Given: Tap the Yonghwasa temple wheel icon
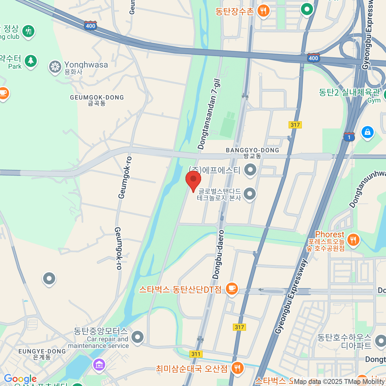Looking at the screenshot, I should [x=55, y=67].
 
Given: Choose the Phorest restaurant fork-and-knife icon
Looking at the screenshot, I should [x=353, y=240].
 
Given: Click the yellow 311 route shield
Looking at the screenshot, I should [x=196, y=354].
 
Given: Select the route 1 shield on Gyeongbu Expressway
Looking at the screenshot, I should [x=349, y=137].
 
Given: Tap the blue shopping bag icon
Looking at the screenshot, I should [x=367, y=132].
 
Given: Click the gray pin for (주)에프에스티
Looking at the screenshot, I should [x=250, y=170].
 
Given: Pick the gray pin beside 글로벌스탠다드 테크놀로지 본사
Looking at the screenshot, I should [x=250, y=194].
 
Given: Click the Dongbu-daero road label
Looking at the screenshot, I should [x=218, y=254].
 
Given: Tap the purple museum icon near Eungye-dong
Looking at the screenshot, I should [x=99, y=365].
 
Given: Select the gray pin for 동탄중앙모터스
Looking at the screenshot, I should [x=138, y=337].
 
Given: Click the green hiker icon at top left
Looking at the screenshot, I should [x=28, y=31].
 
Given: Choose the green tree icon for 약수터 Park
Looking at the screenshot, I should [x=31, y=60].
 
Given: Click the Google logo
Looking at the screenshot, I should [x=20, y=379].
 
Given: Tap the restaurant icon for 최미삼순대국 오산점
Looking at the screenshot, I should [x=237, y=368].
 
